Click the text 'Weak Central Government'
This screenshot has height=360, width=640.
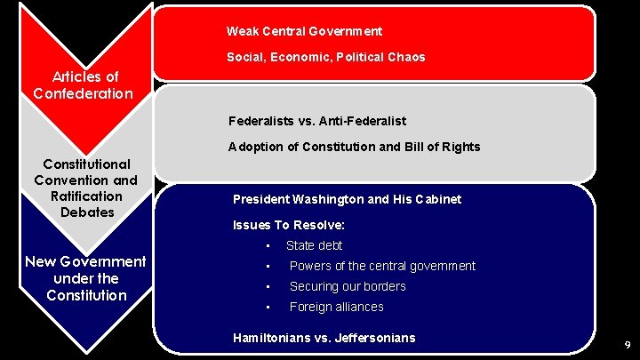[304, 31]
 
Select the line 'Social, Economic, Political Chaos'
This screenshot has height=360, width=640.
[325, 57]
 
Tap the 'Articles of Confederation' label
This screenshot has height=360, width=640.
[84, 85]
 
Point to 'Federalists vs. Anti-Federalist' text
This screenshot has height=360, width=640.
[317, 120]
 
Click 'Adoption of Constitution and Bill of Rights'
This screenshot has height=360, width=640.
[354, 147]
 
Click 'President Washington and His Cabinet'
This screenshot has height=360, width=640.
[347, 199]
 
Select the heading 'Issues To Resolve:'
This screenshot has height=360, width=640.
[288, 225]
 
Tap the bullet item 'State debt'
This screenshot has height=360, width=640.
[314, 245]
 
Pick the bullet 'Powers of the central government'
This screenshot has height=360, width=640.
[382, 266]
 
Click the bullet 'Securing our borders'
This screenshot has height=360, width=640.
[348, 286]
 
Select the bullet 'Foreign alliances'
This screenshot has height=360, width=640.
[336, 307]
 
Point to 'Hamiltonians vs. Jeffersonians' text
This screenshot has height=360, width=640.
[324, 338]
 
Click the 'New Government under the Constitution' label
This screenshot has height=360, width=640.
[85, 278]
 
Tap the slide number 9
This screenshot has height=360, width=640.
[627, 344]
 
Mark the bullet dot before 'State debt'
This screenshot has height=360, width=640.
[267, 246]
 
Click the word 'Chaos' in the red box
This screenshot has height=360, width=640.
[407, 57]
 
